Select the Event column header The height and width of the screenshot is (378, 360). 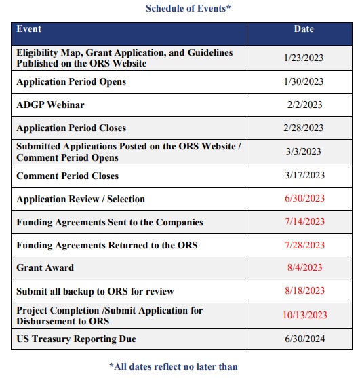pyautogui.click(x=29, y=30)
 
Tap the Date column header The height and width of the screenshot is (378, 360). pyautogui.click(x=304, y=30)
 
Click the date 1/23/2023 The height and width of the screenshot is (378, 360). pyautogui.click(x=304, y=58)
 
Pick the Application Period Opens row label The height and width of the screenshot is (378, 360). pyautogui.click(x=71, y=82)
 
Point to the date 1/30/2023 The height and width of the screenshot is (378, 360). pyautogui.click(x=304, y=82)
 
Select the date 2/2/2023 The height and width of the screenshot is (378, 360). pyautogui.click(x=304, y=105)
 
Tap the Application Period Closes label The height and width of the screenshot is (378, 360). pyautogui.click(x=71, y=128)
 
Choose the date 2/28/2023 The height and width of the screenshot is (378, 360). pyautogui.click(x=304, y=128)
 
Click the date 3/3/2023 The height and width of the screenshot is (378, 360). pyautogui.click(x=304, y=152)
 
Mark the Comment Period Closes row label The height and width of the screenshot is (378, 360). pyautogui.click(x=67, y=176)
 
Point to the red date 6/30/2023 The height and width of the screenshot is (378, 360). pyautogui.click(x=304, y=199)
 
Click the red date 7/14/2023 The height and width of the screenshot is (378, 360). pyautogui.click(x=304, y=223)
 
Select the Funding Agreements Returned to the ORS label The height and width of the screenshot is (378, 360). pyautogui.click(x=106, y=246)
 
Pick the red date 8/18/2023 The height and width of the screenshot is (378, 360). pyautogui.click(x=304, y=291)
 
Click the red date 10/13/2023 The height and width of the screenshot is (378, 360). pyautogui.click(x=304, y=315)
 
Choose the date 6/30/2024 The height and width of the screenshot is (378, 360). pyautogui.click(x=304, y=339)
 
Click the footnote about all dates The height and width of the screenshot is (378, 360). pyautogui.click(x=174, y=366)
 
